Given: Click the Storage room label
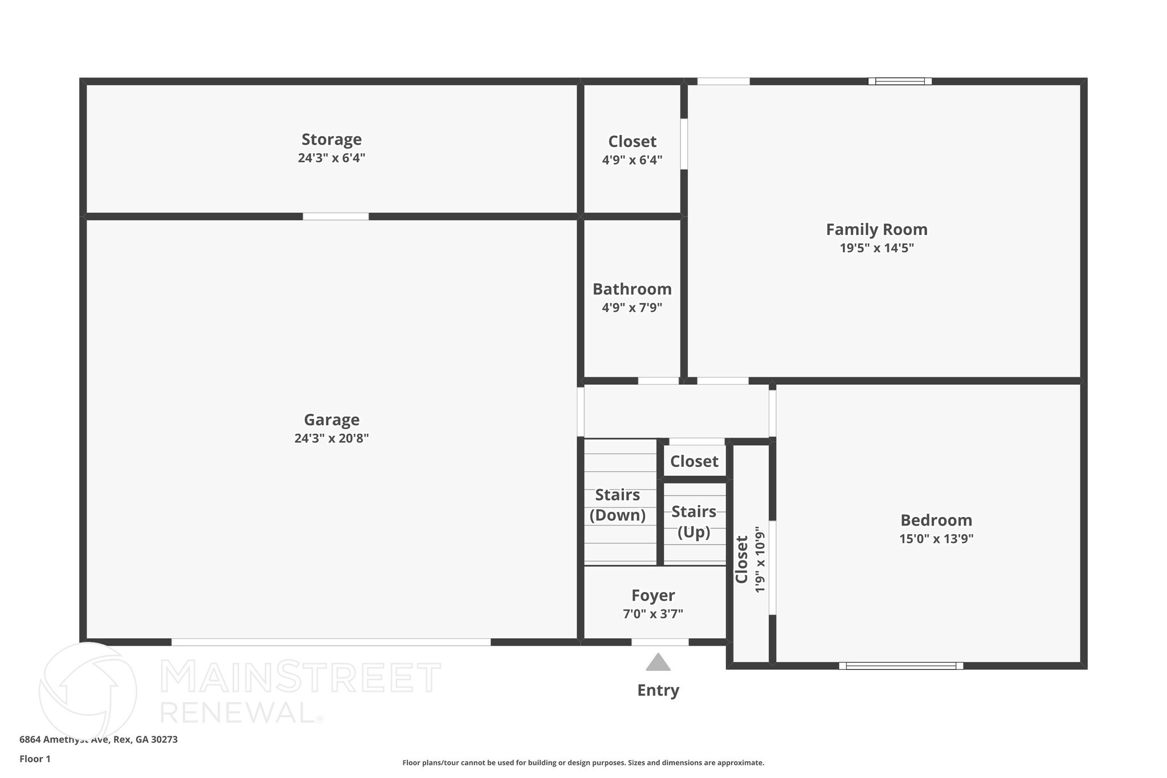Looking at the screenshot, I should click(x=331, y=140).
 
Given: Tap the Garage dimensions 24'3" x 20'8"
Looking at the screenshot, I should click(x=331, y=438).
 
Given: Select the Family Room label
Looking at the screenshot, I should click(x=876, y=230).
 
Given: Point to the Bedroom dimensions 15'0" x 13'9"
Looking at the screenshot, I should click(x=936, y=539).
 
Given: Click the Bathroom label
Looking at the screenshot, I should click(x=632, y=290).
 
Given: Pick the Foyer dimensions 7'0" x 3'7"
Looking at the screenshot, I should click(x=652, y=614).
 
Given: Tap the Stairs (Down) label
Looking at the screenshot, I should click(x=618, y=505).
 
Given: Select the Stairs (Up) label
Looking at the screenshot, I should click(x=693, y=522).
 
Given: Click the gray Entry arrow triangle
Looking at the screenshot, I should click(x=658, y=663).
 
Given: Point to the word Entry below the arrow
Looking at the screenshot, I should click(x=658, y=690).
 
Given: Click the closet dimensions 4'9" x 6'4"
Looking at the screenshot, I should click(x=632, y=160).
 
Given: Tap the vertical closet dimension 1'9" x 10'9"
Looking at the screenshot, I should click(x=760, y=560).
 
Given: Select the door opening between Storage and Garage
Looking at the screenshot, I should click(x=336, y=217).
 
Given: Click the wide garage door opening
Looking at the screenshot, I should click(x=330, y=642).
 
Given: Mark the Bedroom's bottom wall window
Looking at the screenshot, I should click(x=901, y=666).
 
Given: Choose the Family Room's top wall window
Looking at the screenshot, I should click(x=900, y=82).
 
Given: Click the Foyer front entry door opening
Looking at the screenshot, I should click(x=659, y=642).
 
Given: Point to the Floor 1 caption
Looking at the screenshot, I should click(x=35, y=759).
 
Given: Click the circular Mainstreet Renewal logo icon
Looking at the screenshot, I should click(x=88, y=691).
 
